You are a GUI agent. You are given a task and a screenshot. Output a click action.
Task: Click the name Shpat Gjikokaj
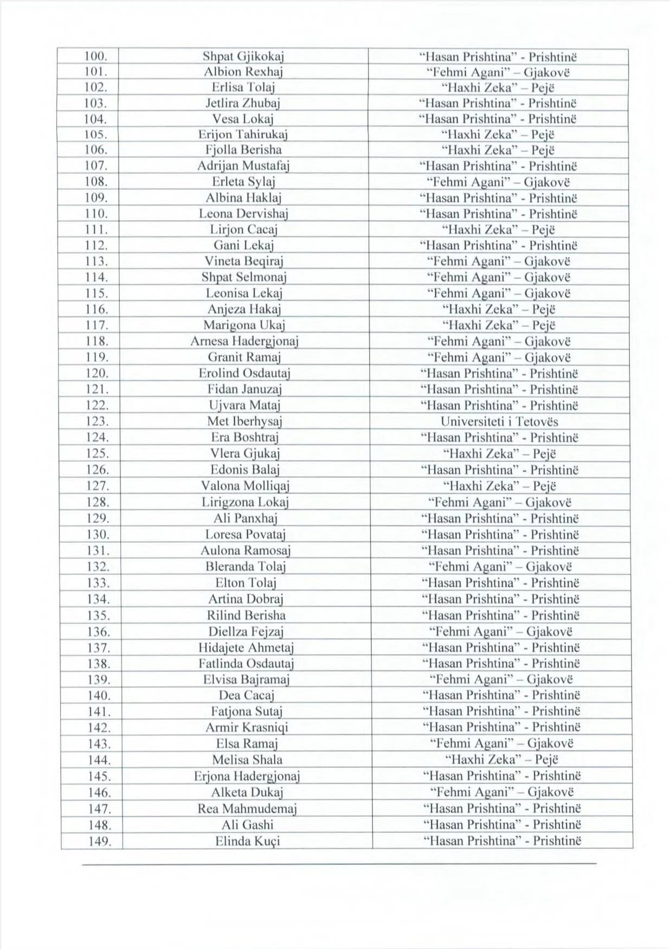[243, 56]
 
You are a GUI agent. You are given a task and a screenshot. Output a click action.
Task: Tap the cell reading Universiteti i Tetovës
[499, 421]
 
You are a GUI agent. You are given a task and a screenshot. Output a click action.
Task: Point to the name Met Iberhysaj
[244, 421]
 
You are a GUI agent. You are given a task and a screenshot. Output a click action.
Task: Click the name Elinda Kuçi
[248, 842]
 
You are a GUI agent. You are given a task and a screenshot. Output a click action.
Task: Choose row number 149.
[99, 842]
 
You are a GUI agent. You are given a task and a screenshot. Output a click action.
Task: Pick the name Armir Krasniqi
[247, 728]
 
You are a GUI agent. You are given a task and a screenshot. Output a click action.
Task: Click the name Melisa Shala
[247, 760]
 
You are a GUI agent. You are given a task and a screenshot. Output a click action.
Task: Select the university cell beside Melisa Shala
[500, 760]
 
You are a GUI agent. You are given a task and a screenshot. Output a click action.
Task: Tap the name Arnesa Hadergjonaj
[244, 342]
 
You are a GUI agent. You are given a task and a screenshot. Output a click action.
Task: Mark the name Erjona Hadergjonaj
[247, 776]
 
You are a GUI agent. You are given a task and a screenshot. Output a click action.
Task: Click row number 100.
[98, 56]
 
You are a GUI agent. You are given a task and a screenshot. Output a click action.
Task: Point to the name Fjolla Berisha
[243, 150]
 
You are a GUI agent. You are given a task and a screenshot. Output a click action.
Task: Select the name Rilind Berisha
[246, 615]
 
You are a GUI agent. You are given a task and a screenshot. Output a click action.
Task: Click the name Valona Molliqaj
[245, 486]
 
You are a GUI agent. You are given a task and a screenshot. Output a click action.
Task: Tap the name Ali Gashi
[247, 825]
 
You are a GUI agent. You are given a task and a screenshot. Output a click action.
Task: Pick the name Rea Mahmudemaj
[247, 809]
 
